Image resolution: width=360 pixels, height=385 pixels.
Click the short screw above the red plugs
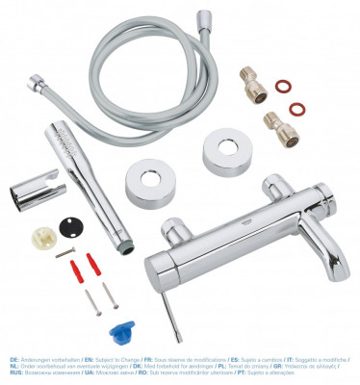tap(65, 252)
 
